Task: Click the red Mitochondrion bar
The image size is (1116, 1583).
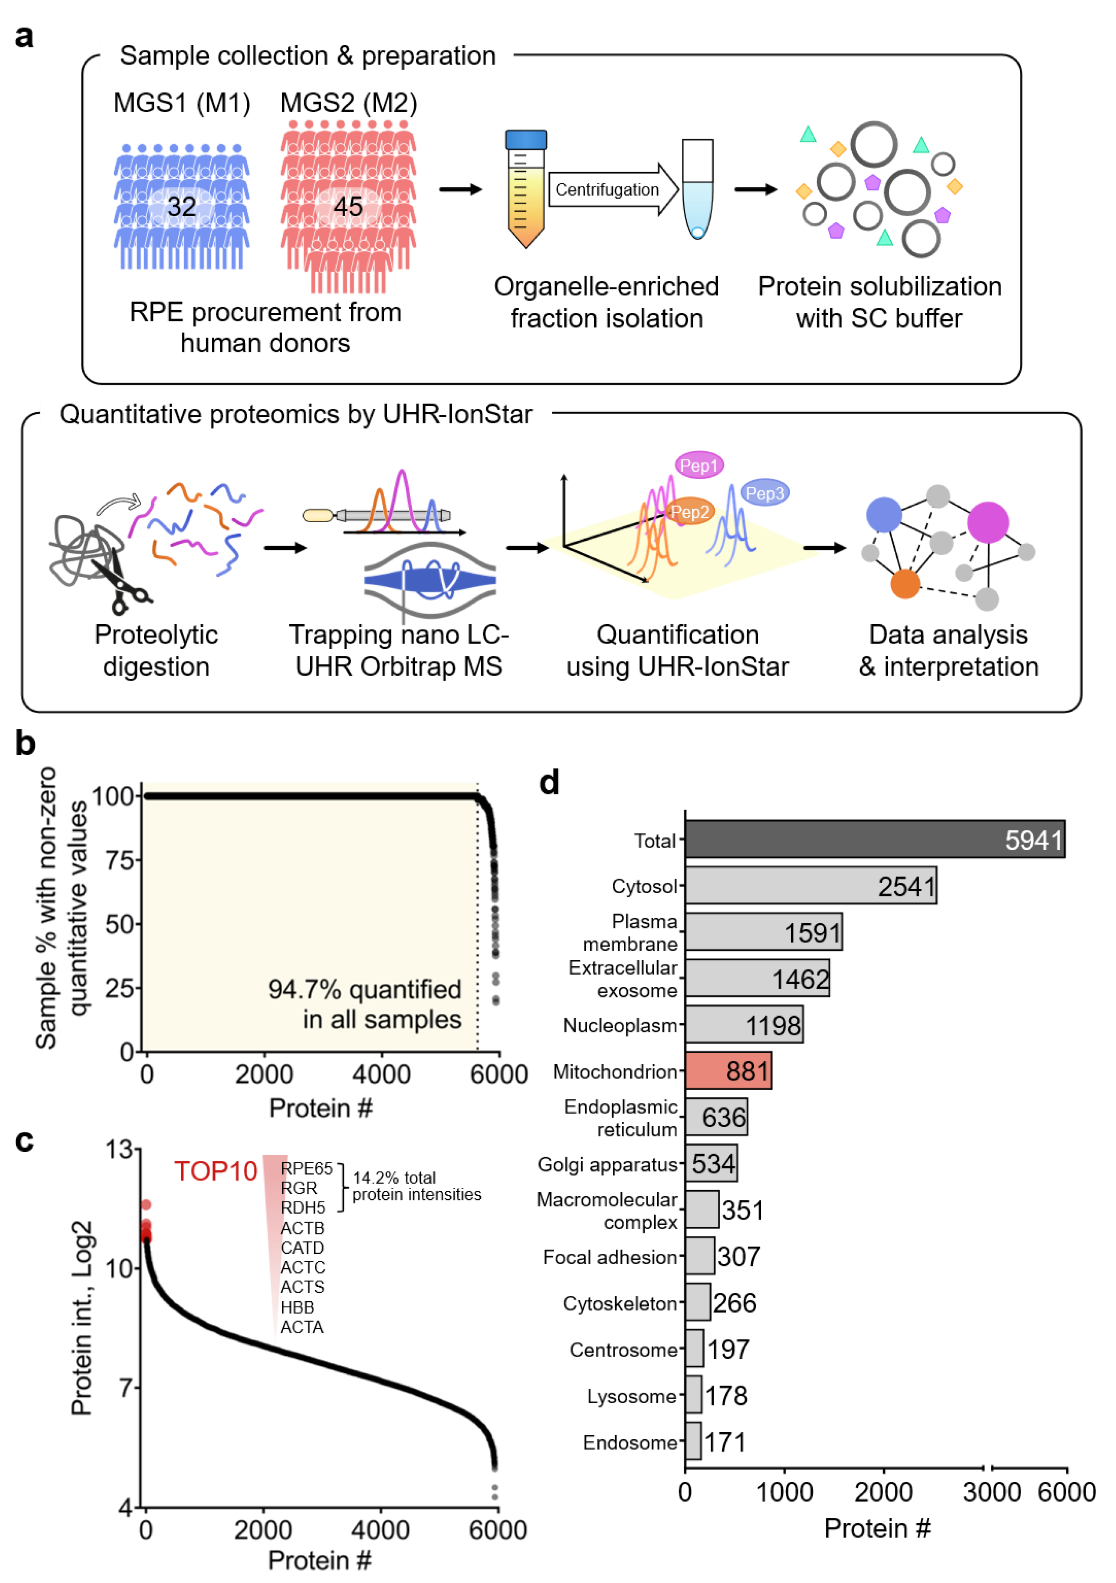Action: click(728, 1071)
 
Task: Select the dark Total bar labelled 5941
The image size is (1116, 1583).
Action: click(874, 839)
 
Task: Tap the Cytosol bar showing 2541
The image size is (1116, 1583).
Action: click(810, 885)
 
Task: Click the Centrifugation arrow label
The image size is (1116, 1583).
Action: click(607, 189)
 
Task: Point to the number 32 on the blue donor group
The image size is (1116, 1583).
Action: click(181, 206)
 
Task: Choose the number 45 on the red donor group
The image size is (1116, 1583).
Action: click(348, 206)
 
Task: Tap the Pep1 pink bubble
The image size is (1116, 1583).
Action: click(698, 466)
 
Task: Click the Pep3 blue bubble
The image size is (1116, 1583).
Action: click(764, 493)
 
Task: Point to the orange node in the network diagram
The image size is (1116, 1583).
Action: click(905, 583)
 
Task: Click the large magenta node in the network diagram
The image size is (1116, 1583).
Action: click(988, 522)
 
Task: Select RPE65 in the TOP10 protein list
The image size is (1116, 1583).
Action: click(306, 1168)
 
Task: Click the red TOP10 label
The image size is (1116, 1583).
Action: click(215, 1171)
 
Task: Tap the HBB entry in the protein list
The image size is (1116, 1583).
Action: click(297, 1307)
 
